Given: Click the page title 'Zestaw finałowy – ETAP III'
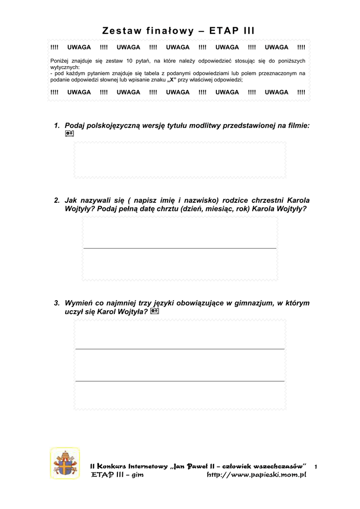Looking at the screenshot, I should click(179, 31).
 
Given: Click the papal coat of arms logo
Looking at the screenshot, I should click(65, 463).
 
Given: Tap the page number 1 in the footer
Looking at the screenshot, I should click(316, 467).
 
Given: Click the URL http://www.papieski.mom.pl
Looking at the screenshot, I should click(256, 475).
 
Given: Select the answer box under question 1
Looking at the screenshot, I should click(180, 160).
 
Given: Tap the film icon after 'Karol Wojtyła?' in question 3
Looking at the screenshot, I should click(155, 312).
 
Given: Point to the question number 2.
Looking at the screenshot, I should click(57, 200).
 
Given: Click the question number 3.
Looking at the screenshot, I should click(57, 303).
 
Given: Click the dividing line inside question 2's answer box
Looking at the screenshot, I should click(180, 248).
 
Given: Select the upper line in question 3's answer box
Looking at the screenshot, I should click(180, 349).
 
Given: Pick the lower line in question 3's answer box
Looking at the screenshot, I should click(180, 381).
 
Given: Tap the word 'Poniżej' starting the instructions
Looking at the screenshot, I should click(60, 61).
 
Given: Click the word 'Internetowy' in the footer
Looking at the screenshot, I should click(148, 466).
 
